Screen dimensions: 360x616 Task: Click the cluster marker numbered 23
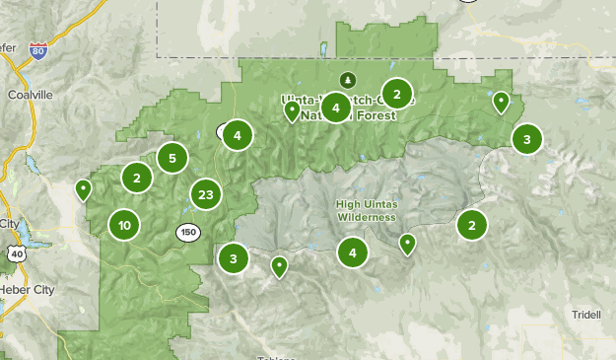pos(205,194)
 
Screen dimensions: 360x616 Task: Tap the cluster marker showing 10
pos(124,225)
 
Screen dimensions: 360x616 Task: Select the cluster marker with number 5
pos(172,157)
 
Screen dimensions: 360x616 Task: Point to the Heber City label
pos(27,289)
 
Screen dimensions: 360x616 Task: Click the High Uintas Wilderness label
pos(366,210)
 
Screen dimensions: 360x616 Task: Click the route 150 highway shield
pos(188,232)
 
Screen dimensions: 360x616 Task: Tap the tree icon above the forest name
pos(346,80)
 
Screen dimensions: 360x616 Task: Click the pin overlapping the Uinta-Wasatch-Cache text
pos(292,110)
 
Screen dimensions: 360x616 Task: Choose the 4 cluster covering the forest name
pos(335,108)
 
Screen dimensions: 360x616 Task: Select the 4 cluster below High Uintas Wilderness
pos(352,252)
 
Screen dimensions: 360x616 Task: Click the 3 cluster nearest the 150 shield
pos(234,259)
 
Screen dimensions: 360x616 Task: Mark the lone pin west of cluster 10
pos(84,188)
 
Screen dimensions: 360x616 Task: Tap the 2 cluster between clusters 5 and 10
pos(137,178)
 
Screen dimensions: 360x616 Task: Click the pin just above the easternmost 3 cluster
pos(501,101)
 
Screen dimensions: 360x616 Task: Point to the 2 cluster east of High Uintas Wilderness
pos(472,226)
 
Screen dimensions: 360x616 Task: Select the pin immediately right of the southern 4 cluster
pos(407,243)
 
